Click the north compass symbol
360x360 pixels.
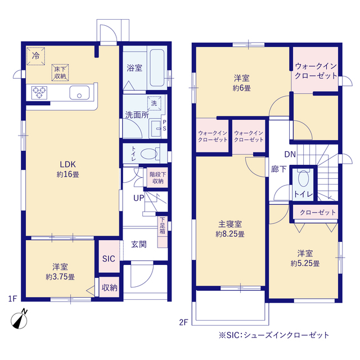pyautogui.click(x=19, y=319)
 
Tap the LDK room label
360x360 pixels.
pyautogui.click(x=67, y=164)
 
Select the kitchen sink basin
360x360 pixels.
pyautogui.click(x=79, y=92)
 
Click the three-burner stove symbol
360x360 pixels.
pyautogui.click(x=39, y=93)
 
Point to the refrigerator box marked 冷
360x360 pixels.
pyautogui.click(x=35, y=56)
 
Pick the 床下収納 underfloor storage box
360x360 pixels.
pyautogui.click(x=60, y=73)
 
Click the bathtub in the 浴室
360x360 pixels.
pyautogui.click(x=157, y=68)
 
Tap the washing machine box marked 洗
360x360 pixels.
pyautogui.click(x=154, y=103)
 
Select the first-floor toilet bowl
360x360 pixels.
pyautogui.click(x=149, y=154)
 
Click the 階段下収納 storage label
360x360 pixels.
pyautogui.click(x=157, y=178)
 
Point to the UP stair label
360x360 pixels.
pyautogui.click(x=139, y=198)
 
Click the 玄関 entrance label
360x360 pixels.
pyautogui.click(x=139, y=244)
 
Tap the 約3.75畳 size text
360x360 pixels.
pyautogui.click(x=60, y=277)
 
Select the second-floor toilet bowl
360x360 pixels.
pyautogui.click(x=304, y=178)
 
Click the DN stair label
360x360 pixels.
pyautogui.click(x=290, y=154)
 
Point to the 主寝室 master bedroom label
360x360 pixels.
pyautogui.click(x=230, y=224)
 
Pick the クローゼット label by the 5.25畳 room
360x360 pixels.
pyautogui.click(x=318, y=213)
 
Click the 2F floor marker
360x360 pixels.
pyautogui.click(x=184, y=322)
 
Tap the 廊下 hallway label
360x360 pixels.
pyautogui.click(x=279, y=169)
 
